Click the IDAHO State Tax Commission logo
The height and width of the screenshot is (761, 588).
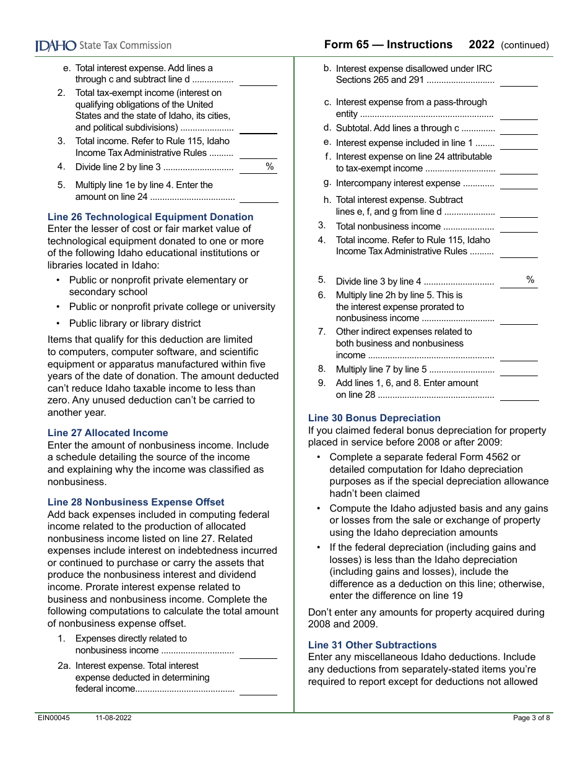[x=103, y=45]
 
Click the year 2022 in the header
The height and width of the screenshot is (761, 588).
[x=482, y=45]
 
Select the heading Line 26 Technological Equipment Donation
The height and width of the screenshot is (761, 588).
[x=150, y=217]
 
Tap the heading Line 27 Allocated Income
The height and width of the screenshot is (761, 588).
[x=108, y=433]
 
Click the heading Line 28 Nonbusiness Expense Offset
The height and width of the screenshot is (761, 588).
[x=136, y=502]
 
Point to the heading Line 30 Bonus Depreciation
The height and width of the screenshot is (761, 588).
[x=374, y=418]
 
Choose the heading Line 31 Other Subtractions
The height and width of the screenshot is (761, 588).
[x=373, y=645]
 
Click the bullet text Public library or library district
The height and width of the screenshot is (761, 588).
[x=135, y=324]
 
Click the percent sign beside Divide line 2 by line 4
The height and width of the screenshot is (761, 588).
[x=269, y=166]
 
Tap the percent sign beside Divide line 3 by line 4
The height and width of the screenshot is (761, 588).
[x=530, y=280]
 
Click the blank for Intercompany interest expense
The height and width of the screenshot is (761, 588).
[x=519, y=184]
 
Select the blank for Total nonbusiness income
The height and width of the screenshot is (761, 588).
[x=519, y=227]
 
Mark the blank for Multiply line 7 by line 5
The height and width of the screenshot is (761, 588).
[x=519, y=370]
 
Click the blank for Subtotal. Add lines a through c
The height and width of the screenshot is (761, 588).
[x=519, y=129]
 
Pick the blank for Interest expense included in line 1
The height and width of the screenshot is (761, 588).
[x=519, y=144]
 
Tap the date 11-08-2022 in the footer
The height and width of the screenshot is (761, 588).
[x=113, y=718]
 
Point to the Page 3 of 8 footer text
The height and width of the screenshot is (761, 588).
[x=531, y=718]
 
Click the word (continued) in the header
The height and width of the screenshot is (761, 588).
[x=524, y=45]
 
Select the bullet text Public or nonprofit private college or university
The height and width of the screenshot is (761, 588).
[x=172, y=307]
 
